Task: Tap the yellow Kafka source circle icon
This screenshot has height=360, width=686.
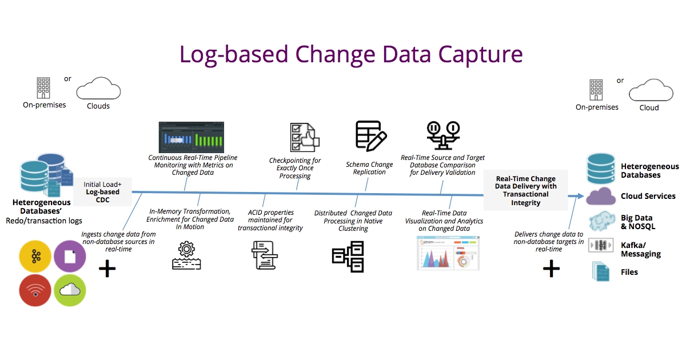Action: [x=35, y=257]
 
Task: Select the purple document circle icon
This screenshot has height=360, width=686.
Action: [x=70, y=257]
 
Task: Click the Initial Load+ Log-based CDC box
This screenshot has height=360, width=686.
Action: [x=103, y=192]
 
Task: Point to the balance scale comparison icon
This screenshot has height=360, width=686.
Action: [x=443, y=135]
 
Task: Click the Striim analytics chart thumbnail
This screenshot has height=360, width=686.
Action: [x=448, y=253]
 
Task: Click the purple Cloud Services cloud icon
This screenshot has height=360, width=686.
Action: [x=601, y=196]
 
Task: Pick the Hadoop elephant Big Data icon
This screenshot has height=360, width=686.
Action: [x=601, y=222]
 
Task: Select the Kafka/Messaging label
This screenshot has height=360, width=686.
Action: [x=640, y=249]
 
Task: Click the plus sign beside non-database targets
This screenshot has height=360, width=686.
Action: [x=551, y=269]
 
